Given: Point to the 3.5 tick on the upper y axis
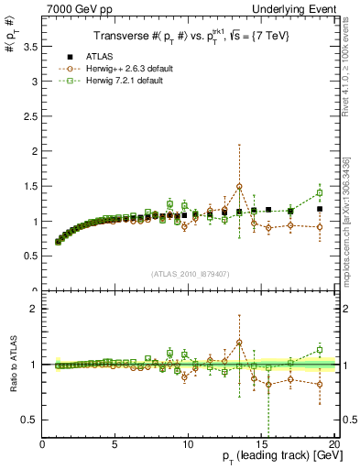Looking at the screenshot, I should click(x=30, y=46).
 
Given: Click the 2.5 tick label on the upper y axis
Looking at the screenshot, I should click(x=30, y=116).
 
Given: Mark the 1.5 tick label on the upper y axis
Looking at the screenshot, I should click(x=30, y=186).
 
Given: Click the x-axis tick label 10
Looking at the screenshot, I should click(x=188, y=446).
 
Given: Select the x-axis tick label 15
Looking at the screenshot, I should click(x=260, y=446).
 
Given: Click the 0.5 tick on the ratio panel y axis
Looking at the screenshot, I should click(x=30, y=420).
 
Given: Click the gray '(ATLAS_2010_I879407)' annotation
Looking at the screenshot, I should click(x=189, y=272).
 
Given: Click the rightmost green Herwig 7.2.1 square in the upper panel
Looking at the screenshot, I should click(x=320, y=192).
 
